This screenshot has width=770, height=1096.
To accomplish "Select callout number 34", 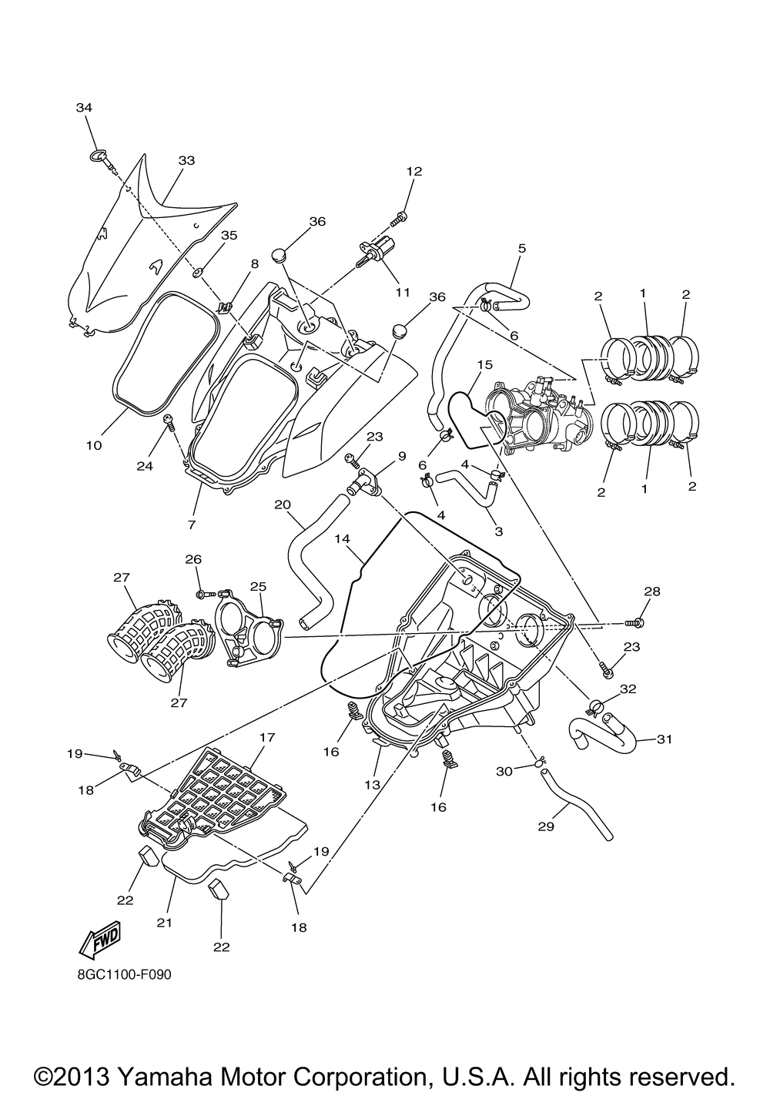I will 84,108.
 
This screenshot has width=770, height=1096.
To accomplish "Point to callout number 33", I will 186,161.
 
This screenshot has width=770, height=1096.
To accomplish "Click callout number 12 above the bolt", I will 413,171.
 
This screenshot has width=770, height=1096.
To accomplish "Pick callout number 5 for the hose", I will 521,249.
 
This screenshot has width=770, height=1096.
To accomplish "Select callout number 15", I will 484,364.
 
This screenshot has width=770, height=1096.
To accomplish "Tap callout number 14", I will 343,541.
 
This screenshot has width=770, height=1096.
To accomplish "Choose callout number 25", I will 257,587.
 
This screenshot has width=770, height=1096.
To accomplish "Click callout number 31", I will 665,739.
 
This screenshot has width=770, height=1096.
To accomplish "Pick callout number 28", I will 652,592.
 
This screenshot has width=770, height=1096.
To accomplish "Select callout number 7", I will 191,524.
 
